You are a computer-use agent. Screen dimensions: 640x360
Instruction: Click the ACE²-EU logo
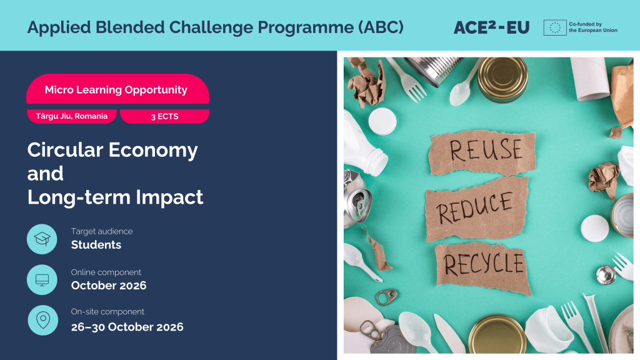coord(491,27)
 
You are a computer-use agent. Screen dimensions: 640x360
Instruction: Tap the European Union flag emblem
coord(555,27)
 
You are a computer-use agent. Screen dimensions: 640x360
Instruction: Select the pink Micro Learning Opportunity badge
coord(117,89)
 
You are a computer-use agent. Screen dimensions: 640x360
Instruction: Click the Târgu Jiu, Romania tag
coord(72,116)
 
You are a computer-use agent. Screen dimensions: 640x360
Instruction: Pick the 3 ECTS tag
coord(164,116)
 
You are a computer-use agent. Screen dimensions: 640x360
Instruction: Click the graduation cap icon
coord(42,239)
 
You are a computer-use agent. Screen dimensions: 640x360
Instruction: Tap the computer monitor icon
coord(42,279)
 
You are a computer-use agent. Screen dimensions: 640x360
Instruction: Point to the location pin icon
coord(43,320)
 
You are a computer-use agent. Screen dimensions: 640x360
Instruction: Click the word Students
coord(96,244)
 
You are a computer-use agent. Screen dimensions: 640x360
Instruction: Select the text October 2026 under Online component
coord(109,285)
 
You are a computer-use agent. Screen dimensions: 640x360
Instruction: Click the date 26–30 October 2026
coord(127,327)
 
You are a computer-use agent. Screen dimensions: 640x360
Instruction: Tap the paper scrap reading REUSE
coord(482,152)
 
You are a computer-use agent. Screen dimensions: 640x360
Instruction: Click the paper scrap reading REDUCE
coord(477,209)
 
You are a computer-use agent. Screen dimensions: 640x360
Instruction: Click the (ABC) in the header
coord(381,27)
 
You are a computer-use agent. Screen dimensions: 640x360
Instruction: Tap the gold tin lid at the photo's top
coord(502,79)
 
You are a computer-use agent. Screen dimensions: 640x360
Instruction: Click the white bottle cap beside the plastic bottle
coord(382,121)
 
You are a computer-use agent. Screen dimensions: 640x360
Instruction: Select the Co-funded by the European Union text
coord(593,27)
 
